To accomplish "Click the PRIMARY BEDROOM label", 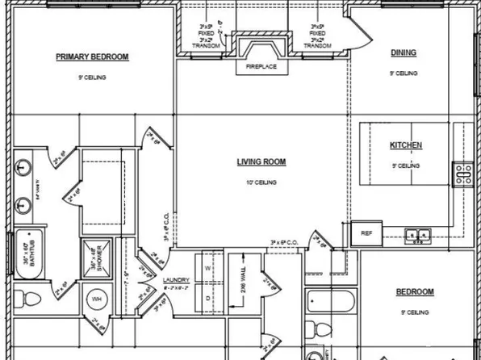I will click(92, 57).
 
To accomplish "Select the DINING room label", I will click(404, 53).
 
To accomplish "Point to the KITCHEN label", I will click(406, 145).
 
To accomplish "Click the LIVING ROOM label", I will click(261, 161).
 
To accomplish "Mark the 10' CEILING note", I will click(261, 182).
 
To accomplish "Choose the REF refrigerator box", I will click(366, 234).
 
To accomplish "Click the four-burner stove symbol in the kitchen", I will click(465, 174).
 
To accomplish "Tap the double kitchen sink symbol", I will click(418, 236).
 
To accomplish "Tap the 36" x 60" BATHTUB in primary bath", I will click(29, 253).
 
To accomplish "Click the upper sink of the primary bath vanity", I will click(22, 169).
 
